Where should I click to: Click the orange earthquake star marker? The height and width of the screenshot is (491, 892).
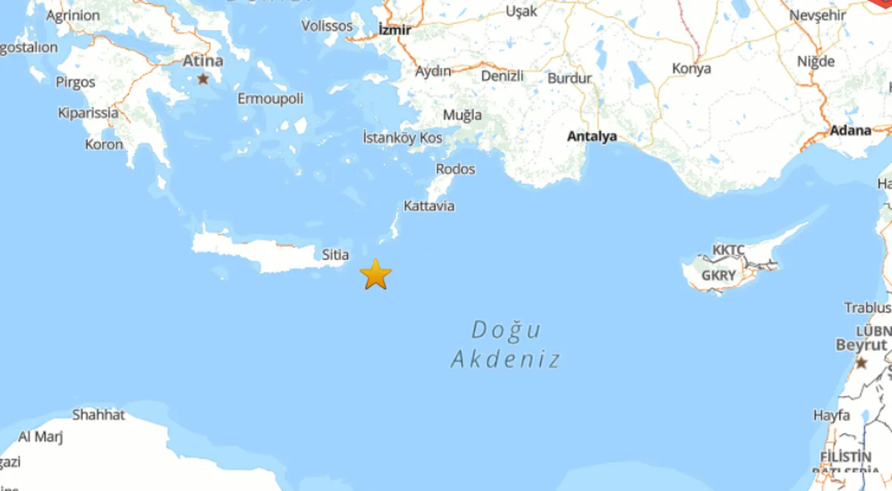376,274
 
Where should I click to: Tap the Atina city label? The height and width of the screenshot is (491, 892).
203,61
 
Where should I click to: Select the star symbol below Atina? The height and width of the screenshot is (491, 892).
203,79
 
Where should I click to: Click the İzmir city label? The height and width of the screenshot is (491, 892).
394,30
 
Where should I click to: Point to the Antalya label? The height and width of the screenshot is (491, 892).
592,137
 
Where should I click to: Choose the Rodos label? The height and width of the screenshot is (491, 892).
456,169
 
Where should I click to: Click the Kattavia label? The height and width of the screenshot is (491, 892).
429,206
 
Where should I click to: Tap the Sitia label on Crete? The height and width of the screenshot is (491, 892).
335,255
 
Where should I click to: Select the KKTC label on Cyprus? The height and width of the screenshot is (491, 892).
728,250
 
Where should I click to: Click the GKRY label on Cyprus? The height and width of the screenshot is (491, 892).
718,276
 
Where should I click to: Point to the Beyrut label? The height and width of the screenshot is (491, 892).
861,345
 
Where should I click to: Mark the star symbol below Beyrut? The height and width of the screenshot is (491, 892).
861,362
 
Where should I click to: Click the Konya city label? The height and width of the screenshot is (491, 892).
691,69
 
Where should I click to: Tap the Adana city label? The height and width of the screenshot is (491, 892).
850,130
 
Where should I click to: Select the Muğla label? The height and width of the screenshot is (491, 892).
462,115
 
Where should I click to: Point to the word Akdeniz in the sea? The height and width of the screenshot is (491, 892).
505,359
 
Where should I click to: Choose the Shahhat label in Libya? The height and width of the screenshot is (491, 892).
99,415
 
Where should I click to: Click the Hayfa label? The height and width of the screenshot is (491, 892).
831,416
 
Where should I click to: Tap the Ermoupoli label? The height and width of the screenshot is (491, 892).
270,99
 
